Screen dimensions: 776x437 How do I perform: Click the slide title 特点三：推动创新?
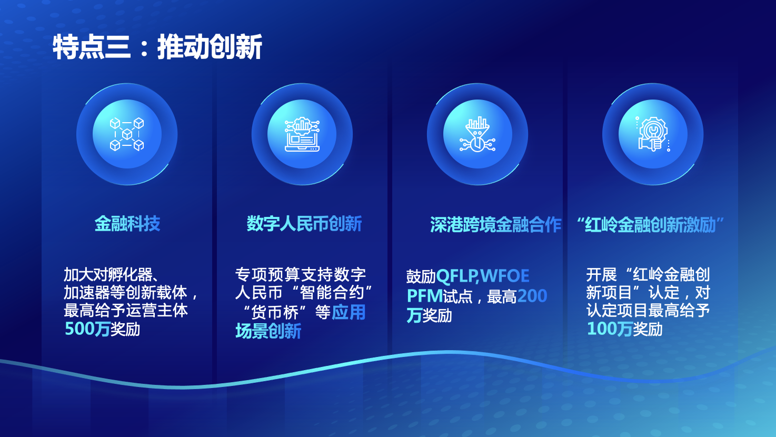point(157,47)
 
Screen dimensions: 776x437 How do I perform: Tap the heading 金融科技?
point(127,224)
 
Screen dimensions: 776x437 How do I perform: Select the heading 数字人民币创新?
point(304,224)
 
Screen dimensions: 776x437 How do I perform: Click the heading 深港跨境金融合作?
point(496,225)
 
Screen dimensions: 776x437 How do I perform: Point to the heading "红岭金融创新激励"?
point(651,225)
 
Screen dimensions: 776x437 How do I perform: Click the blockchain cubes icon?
point(127,134)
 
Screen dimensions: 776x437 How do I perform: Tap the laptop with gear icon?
point(302,134)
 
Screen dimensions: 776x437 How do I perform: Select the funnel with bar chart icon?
point(477,134)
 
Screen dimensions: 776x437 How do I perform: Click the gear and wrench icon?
point(653,134)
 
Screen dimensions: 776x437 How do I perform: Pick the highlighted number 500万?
point(87,329)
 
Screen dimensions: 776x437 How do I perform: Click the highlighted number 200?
point(532,296)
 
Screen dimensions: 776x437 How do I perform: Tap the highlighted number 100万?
point(610,329)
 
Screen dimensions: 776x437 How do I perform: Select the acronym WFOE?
point(505,276)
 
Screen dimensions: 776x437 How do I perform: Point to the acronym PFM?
point(425,296)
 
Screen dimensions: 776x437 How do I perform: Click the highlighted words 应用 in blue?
point(348,312)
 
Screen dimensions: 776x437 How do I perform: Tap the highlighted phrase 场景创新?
point(268,331)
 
